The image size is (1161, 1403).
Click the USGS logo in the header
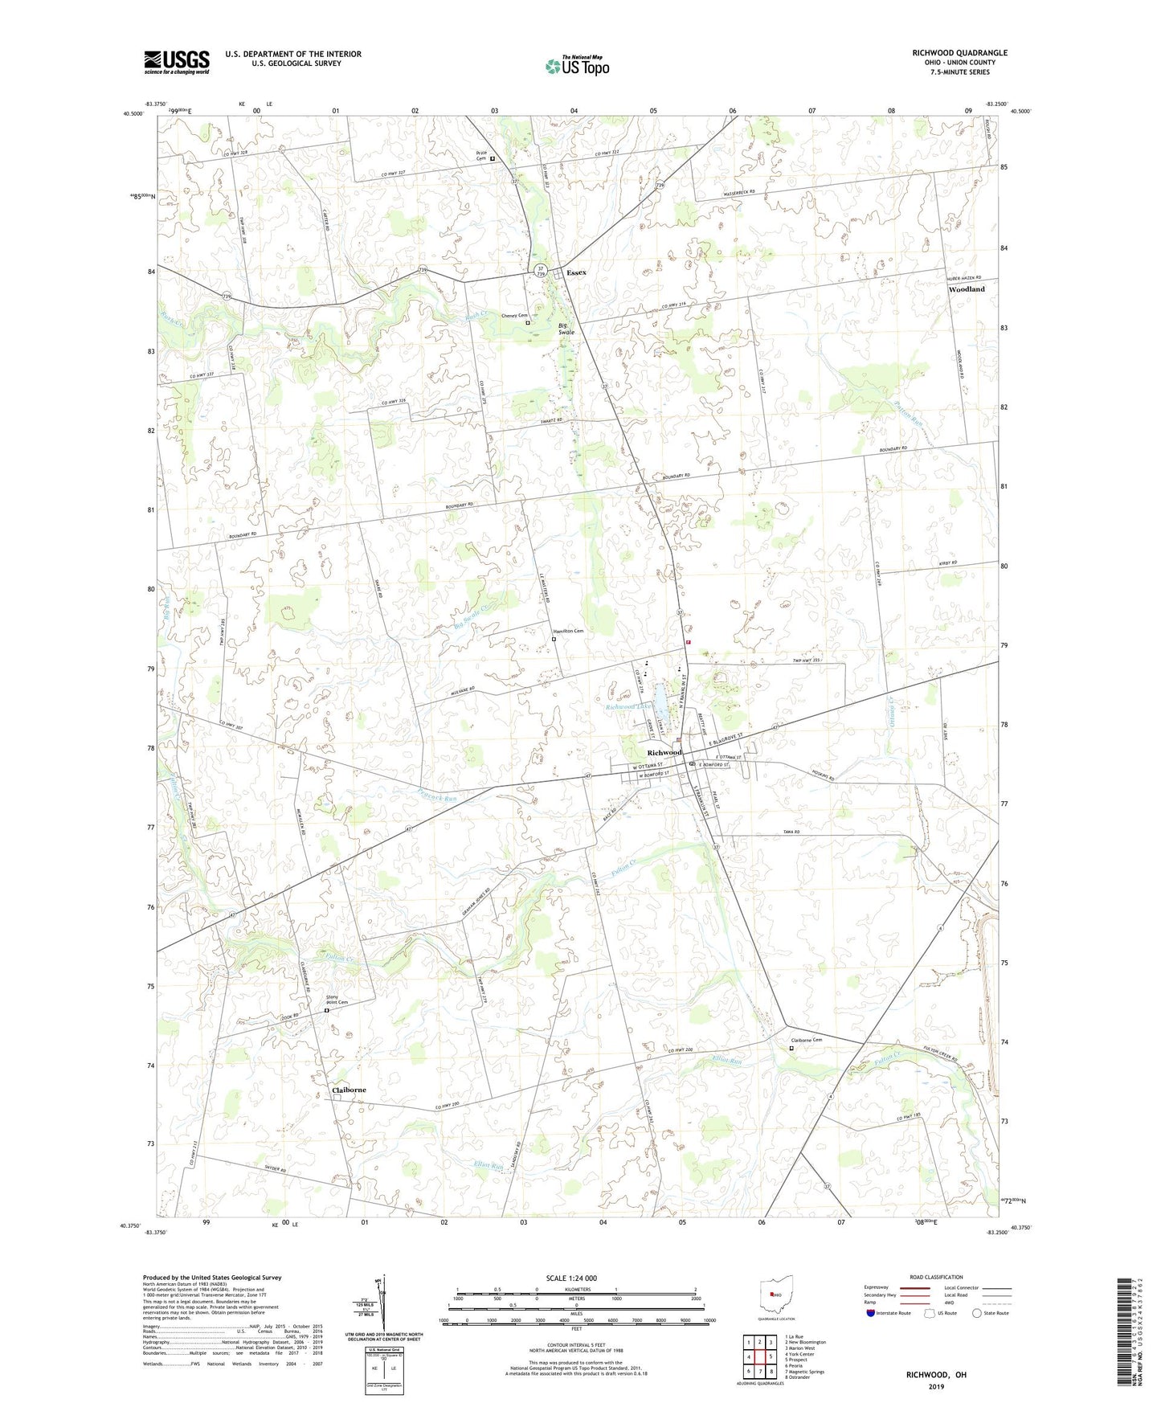point(177,61)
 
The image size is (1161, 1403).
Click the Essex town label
point(576,272)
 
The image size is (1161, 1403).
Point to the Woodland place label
point(966,289)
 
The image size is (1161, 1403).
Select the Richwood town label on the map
point(664,752)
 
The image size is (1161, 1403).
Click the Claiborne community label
point(349,1090)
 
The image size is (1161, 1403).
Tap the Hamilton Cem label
point(567,631)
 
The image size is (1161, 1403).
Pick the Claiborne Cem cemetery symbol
point(791,1048)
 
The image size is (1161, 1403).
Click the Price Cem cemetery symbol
point(493,159)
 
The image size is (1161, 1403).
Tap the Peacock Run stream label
point(438,798)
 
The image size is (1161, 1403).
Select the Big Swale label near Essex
point(566,329)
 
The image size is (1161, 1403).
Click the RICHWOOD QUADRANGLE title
point(959,53)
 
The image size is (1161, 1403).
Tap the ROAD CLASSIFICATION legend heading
point(936,1277)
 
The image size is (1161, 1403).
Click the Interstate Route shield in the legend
point(872,1313)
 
